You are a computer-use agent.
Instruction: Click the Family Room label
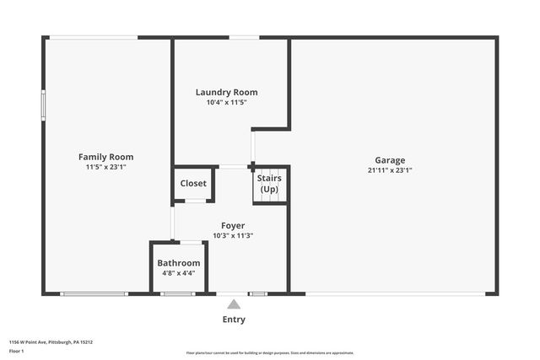(105, 157)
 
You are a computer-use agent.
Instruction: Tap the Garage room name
(390, 160)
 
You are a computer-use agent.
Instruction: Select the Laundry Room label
(226, 92)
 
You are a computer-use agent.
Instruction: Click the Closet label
(193, 183)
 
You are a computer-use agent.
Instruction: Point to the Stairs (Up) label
(269, 183)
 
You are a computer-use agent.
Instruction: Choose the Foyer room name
(233, 225)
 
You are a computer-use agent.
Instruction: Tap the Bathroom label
(179, 263)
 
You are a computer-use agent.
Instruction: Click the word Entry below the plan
(234, 320)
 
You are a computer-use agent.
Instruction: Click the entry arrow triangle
(234, 304)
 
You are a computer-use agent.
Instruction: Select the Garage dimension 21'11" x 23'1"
(390, 170)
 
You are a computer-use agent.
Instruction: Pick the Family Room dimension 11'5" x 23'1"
(105, 167)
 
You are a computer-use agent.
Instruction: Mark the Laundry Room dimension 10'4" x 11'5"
(226, 102)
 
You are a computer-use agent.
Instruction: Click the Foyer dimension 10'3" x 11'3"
(233, 235)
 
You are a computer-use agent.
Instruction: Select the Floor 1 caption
(16, 351)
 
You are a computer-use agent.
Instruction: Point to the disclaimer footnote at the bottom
(270, 352)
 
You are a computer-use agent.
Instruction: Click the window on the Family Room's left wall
(44, 105)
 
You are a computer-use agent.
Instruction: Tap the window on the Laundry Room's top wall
(244, 37)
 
